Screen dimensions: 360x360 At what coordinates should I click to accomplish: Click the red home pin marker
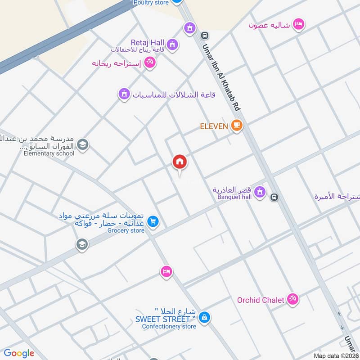(x=180, y=162)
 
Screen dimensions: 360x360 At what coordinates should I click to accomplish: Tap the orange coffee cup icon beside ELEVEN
(x=237, y=126)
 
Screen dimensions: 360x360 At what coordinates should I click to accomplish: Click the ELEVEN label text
(x=214, y=126)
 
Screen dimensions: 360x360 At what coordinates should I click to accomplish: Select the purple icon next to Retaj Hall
(x=171, y=44)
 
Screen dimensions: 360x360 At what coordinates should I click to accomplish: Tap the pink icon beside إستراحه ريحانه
(x=150, y=63)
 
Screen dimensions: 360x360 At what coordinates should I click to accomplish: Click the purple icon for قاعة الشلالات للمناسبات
(x=123, y=94)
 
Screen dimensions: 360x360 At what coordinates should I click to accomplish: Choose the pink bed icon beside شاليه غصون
(x=298, y=24)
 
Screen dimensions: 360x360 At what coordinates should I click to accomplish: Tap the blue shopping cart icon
(x=153, y=221)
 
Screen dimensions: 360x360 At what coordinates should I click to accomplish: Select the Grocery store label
(x=126, y=231)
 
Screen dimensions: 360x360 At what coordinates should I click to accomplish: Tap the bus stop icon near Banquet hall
(x=274, y=197)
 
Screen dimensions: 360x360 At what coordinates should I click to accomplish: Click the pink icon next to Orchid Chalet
(x=293, y=298)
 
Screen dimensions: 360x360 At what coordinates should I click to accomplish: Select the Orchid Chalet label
(x=261, y=300)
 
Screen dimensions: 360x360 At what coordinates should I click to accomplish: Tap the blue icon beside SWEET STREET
(x=204, y=317)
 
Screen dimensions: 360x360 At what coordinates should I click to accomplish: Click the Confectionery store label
(x=169, y=326)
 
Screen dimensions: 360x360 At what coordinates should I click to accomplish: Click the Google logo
(x=19, y=353)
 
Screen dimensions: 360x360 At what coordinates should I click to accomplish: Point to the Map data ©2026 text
(x=336, y=355)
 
